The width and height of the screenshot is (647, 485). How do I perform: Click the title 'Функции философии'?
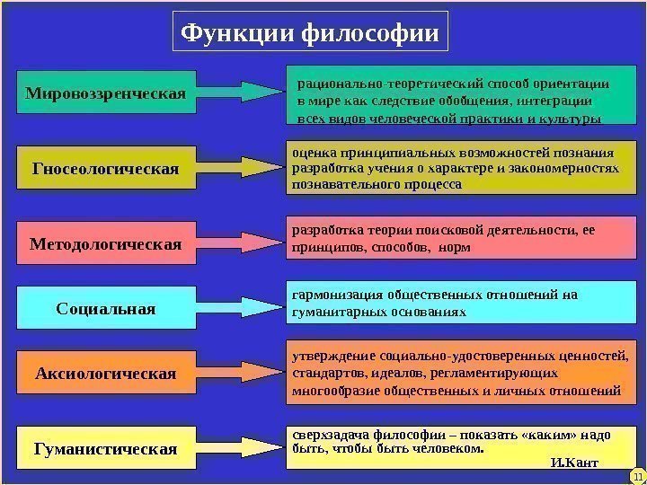tap(310, 34)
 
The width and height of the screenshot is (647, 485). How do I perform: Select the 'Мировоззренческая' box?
tap(106, 93)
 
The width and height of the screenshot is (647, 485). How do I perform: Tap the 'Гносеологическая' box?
tap(106, 167)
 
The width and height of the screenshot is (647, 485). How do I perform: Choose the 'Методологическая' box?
tap(106, 243)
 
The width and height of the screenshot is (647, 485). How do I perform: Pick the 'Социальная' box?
tap(106, 308)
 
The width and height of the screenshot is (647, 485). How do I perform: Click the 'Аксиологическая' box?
tap(106, 373)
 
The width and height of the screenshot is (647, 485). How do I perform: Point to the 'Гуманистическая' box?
tap(106, 446)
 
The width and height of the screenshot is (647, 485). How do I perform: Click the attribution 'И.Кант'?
tap(572, 464)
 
